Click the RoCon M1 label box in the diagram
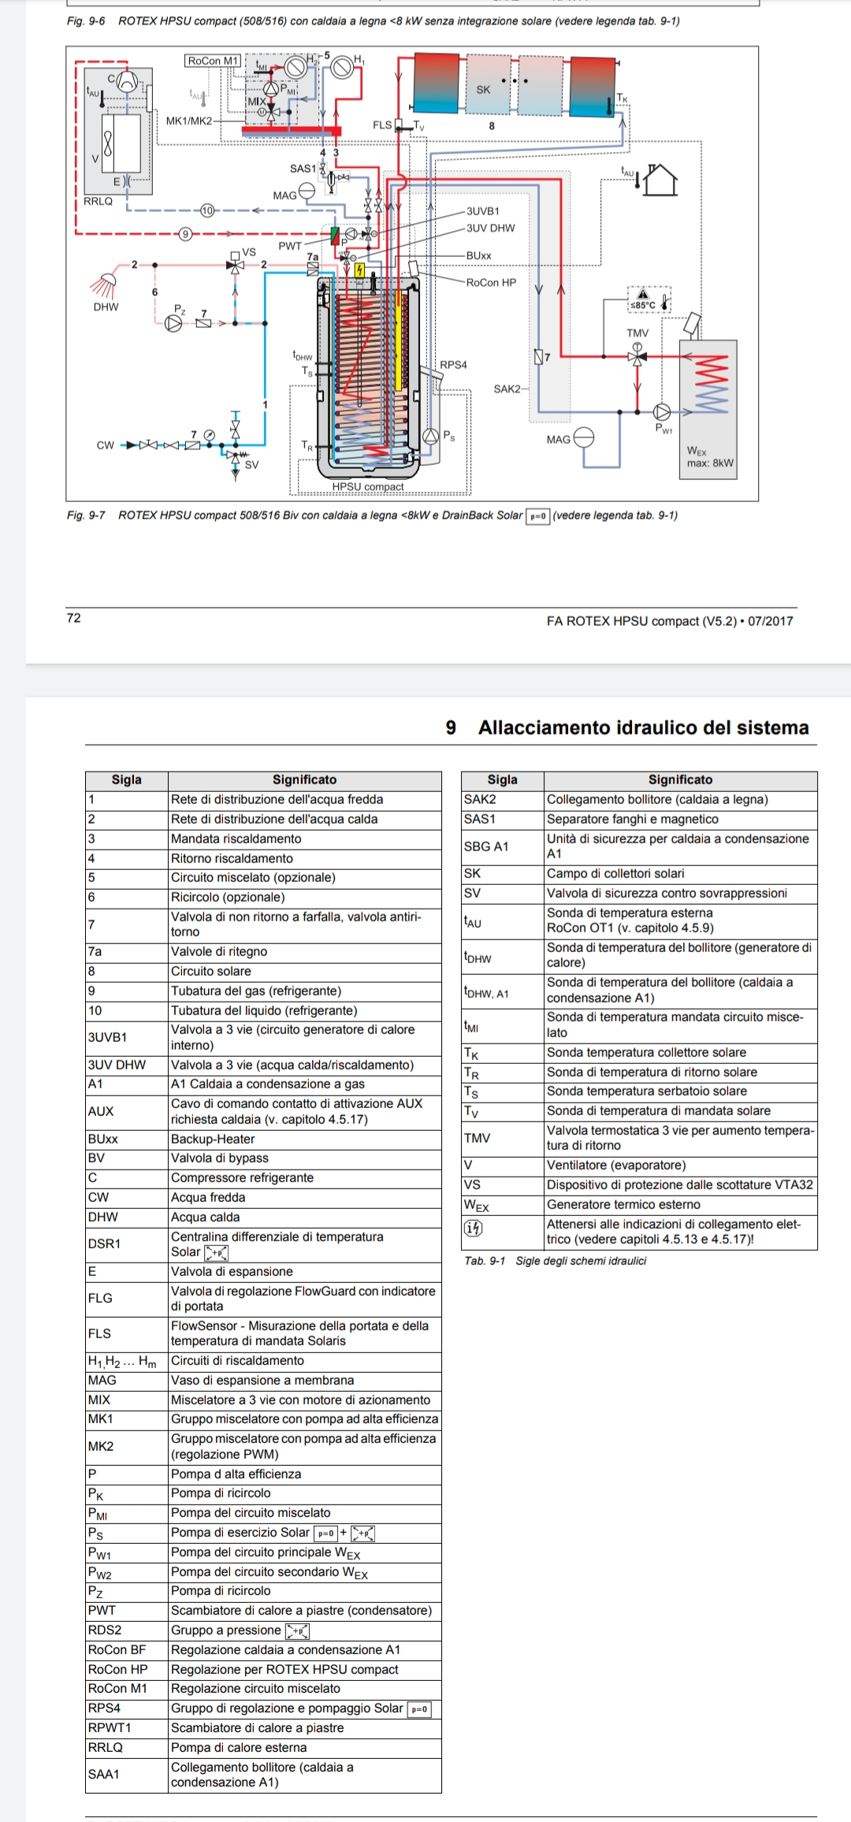(x=212, y=61)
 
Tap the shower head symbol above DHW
(x=105, y=282)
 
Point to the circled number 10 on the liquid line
(x=207, y=210)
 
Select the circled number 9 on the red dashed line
(x=186, y=233)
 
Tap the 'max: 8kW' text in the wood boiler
(x=710, y=463)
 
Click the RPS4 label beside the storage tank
(x=453, y=365)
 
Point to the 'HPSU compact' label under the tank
(x=367, y=486)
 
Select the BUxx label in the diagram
(x=478, y=255)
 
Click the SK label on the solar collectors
(x=483, y=90)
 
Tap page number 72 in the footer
(x=74, y=618)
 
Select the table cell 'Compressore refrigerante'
(x=243, y=1177)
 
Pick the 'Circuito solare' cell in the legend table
(x=211, y=971)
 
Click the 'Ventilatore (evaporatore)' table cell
(x=616, y=1165)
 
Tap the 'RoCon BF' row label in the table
(x=117, y=1649)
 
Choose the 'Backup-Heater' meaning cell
(x=213, y=1139)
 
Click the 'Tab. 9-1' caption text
(x=485, y=1261)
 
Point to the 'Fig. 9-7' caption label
(x=86, y=515)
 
